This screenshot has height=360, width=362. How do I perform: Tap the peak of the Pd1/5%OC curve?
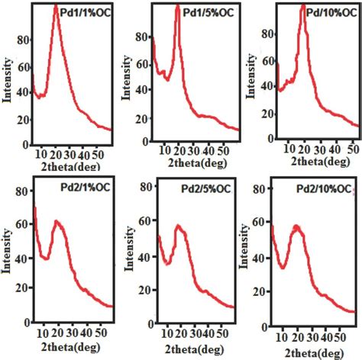click(178, 7)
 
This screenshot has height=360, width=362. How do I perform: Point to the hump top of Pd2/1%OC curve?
click(57, 221)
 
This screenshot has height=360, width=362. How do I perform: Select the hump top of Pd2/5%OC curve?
click(179, 226)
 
